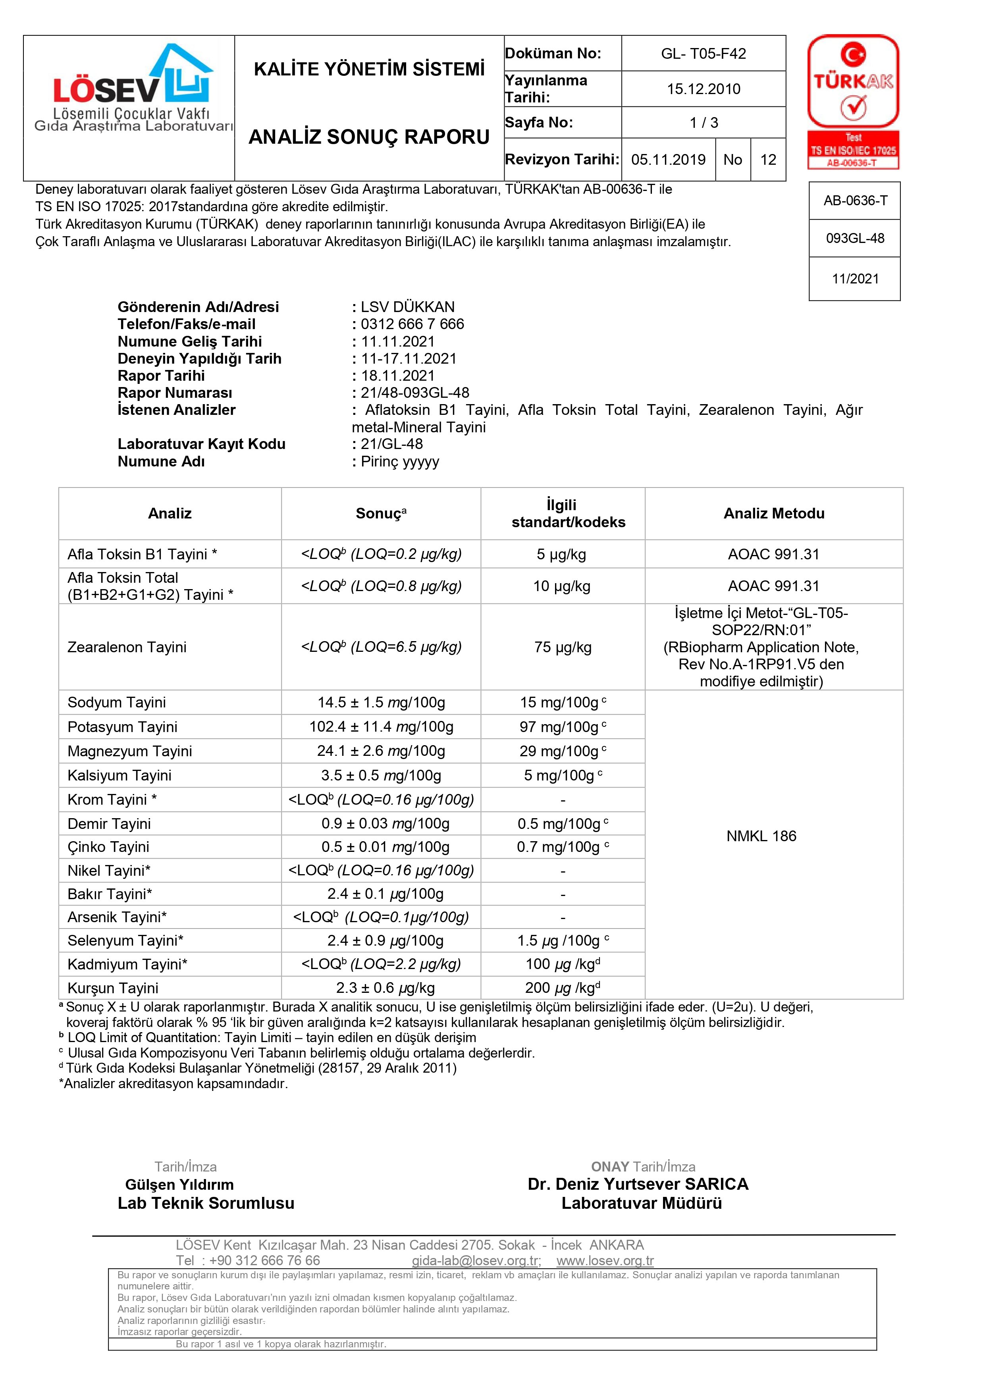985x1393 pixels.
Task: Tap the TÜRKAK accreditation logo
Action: tap(853, 101)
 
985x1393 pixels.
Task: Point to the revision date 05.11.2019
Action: tap(668, 160)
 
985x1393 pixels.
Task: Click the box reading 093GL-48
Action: tap(854, 239)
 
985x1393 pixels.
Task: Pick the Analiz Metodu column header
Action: tap(773, 513)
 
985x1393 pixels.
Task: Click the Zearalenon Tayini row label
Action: tap(127, 647)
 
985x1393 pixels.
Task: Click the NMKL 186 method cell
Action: tap(761, 836)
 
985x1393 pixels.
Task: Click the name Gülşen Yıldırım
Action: tap(179, 1184)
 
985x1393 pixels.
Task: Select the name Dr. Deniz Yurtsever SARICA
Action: tap(638, 1184)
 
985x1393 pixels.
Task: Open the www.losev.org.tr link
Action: tap(605, 1261)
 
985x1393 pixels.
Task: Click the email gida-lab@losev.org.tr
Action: tap(476, 1261)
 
